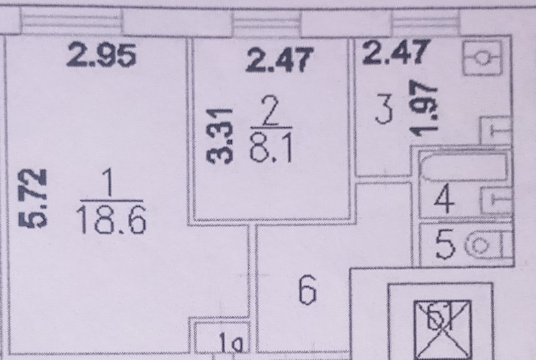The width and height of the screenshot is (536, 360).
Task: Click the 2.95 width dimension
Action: (102, 56)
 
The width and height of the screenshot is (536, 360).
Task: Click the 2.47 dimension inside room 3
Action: (396, 53)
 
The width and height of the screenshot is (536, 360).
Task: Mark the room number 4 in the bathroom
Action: (445, 200)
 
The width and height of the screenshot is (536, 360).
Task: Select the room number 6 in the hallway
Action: (307, 292)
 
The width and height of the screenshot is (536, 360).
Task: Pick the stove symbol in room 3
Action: (482, 58)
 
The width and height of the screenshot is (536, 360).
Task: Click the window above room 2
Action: (267, 23)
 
